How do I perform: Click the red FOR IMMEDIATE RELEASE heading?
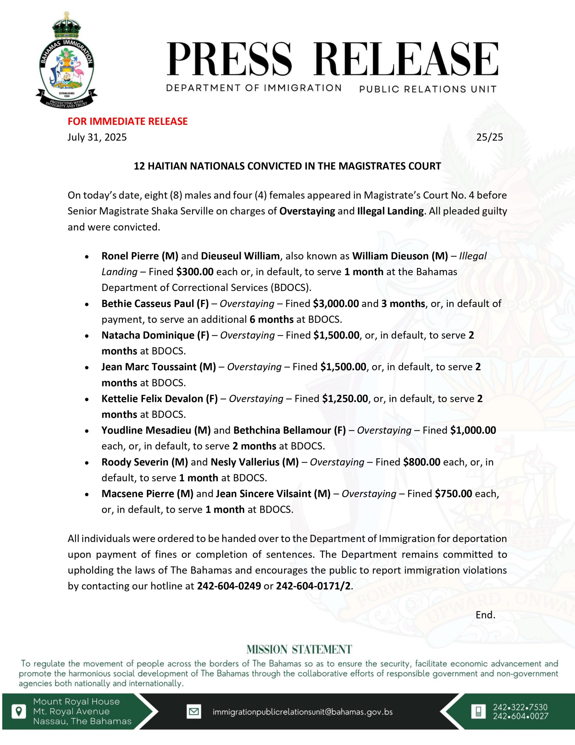tap(128, 121)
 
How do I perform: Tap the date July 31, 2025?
tap(97, 137)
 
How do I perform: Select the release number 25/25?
tap(490, 137)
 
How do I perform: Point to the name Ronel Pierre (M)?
tap(140, 256)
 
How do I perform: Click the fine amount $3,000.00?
tap(336, 304)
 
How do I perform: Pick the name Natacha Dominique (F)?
tap(155, 335)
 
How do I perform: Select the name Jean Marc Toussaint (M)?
tap(158, 367)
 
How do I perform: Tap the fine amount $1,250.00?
tap(345, 398)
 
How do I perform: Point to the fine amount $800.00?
tap(422, 462)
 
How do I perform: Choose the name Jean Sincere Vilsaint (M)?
tap(273, 494)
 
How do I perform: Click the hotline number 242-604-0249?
tap(229, 586)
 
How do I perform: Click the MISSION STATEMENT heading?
tap(299, 650)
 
